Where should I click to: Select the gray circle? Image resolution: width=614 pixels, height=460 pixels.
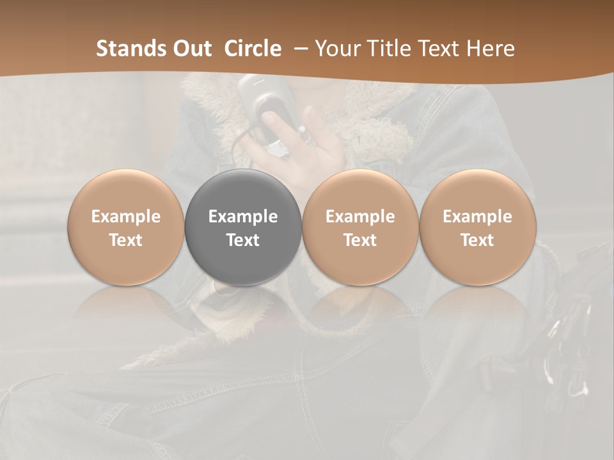(x=243, y=227)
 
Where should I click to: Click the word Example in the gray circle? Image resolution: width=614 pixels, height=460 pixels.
(x=243, y=217)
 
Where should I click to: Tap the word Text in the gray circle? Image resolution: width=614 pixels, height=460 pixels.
(x=243, y=240)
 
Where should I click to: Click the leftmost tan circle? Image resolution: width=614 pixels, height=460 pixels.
(x=126, y=227)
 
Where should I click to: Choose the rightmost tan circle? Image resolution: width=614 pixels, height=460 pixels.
(x=478, y=227)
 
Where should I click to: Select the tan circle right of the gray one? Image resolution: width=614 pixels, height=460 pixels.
(x=360, y=227)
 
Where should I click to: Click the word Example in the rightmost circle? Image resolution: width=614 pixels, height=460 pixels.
(x=478, y=217)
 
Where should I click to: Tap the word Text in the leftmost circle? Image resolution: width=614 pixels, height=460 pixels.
(x=126, y=240)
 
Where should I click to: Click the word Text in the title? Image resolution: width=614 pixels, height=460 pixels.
(x=437, y=49)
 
